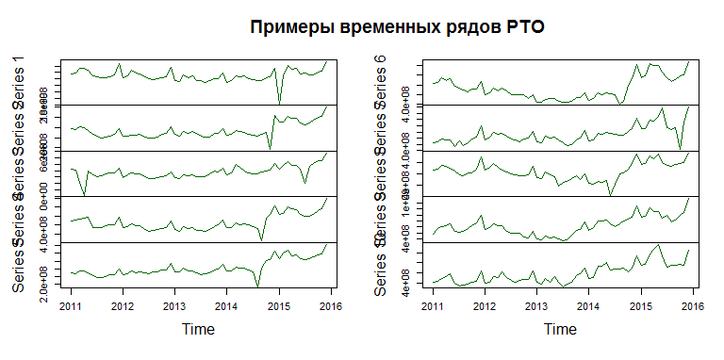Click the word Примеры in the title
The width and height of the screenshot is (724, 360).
point(288,27)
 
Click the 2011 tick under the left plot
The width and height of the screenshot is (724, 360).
point(72,307)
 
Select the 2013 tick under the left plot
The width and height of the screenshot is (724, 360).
point(174,307)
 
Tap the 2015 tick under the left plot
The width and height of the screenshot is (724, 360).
point(278,307)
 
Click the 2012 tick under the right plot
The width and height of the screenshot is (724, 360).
point(485,307)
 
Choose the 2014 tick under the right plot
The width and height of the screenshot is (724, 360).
point(588,307)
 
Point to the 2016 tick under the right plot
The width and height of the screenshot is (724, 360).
point(692,307)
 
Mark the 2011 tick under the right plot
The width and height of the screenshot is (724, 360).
point(433,307)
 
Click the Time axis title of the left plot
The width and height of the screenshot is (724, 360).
point(199,330)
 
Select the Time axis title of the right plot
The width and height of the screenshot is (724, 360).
point(561,330)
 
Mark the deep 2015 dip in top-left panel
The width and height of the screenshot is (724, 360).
point(279,103)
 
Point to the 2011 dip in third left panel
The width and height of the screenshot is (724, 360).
point(85,195)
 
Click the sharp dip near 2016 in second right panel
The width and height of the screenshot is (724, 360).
point(680,148)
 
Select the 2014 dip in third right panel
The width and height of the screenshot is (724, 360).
point(610,195)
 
